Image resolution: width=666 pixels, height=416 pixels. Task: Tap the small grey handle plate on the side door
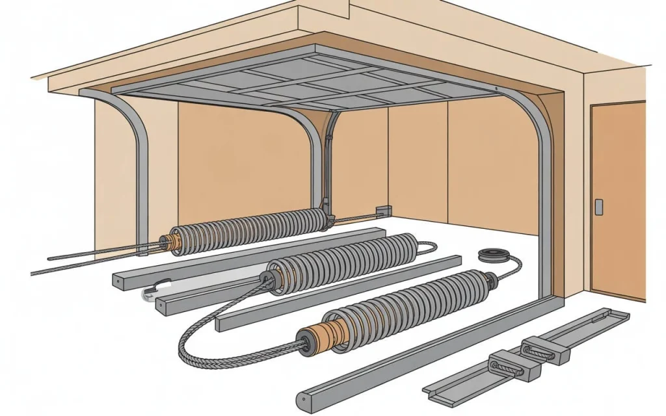tap(598, 207)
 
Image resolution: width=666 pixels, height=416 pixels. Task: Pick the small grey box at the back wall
tap(383, 210)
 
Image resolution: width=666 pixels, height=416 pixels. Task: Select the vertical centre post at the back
tap(331, 162)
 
